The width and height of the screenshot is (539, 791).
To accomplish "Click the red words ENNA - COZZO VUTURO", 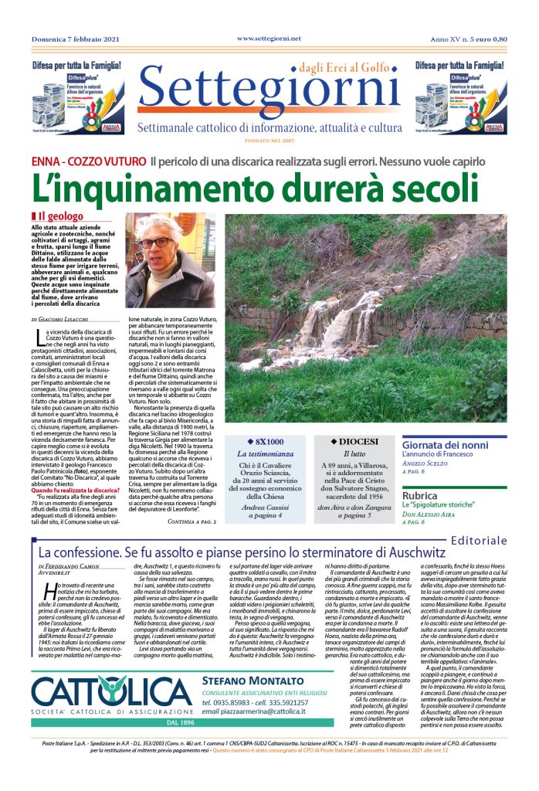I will [89, 162].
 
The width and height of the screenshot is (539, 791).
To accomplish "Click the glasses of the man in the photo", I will [157, 242].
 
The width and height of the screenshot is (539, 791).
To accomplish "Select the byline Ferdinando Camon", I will [70, 566].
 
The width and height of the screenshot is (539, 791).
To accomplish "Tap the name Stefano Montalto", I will [249, 681].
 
